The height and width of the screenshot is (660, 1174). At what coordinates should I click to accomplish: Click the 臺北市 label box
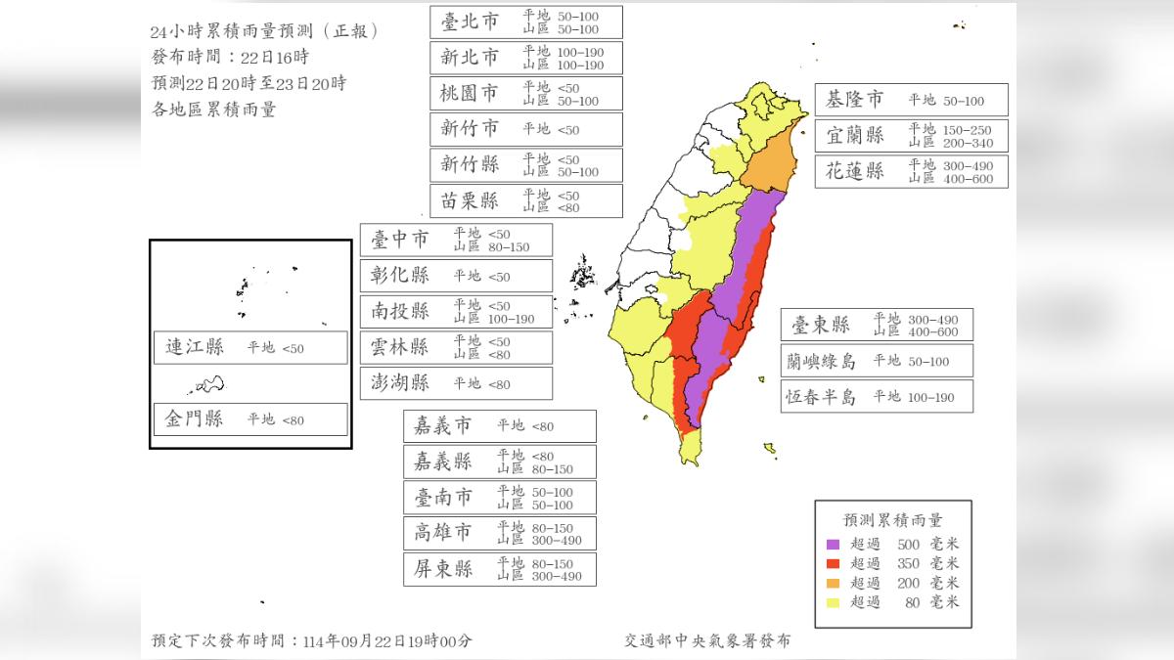(525, 22)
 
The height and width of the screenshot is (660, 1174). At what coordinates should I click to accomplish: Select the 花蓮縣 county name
(855, 171)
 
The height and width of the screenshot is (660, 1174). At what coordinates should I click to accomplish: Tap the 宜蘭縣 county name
(855, 136)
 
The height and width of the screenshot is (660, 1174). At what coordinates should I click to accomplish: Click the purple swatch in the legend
(834, 544)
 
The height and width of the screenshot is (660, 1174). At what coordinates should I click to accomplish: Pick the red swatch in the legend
(834, 563)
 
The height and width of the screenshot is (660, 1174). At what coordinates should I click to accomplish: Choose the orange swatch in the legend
(834, 583)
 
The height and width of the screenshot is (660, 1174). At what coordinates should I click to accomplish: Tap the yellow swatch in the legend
(834, 602)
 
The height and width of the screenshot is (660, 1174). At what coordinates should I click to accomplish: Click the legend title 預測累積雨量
(893, 519)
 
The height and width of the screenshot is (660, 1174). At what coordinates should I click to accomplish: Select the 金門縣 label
(194, 419)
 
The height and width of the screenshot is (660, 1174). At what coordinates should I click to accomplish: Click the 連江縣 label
(194, 347)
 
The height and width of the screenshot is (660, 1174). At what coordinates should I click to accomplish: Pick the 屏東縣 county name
(442, 569)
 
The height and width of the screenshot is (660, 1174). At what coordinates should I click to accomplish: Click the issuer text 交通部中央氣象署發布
(707, 640)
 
